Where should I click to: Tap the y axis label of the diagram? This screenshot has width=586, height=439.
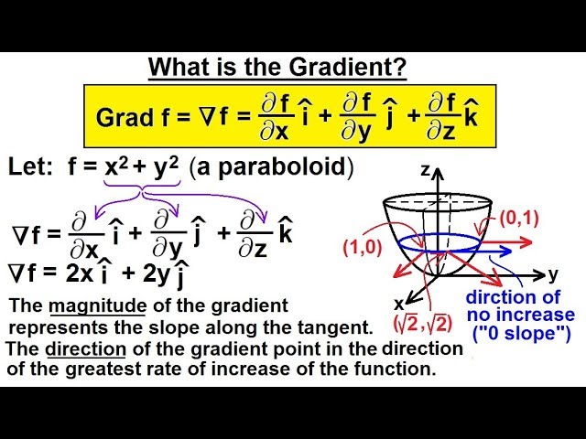[554, 273]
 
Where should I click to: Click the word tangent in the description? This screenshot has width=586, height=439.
[331, 327]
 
